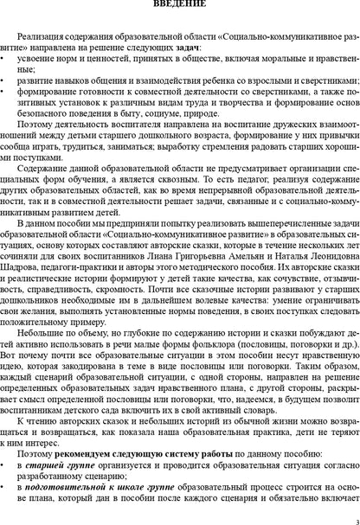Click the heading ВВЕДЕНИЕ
pos(179,5)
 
